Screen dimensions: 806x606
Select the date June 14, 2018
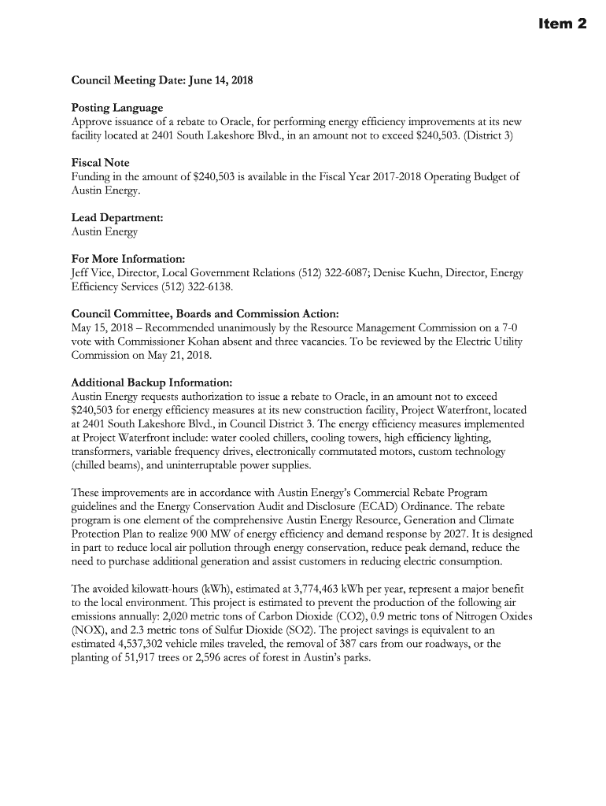[x=218, y=81]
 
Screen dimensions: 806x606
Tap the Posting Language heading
[x=117, y=108]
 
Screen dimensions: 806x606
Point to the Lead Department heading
[x=117, y=217]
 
